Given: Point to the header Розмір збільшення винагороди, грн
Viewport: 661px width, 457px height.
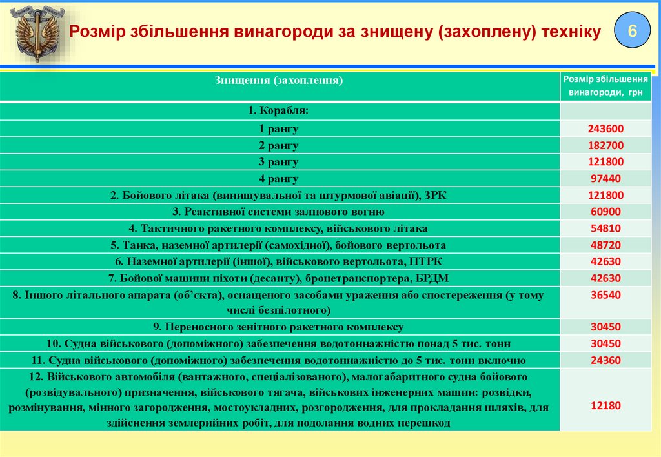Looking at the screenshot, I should tap(605, 85).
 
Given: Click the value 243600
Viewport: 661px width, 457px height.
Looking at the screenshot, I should tap(605, 128).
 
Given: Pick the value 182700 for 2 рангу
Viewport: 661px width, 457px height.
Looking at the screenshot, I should tap(605, 145).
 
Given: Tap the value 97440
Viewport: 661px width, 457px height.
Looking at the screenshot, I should tap(605, 179).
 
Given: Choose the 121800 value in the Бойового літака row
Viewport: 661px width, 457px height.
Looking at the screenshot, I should tap(605, 196).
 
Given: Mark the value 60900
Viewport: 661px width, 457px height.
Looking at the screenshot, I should tap(605, 212).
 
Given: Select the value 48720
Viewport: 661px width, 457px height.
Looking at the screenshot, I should tap(605, 245).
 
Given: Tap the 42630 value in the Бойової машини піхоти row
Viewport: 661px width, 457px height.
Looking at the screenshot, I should tap(605, 278).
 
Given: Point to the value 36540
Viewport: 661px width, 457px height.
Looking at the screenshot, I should tap(605, 295).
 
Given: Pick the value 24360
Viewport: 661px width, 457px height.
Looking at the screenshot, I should tap(605, 360).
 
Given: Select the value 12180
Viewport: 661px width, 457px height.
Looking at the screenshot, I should tap(605, 406).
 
